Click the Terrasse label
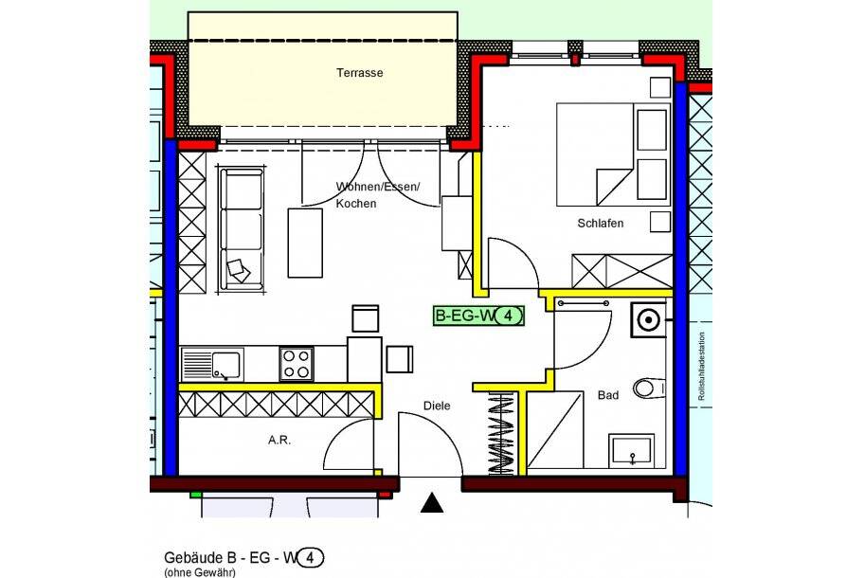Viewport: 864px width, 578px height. tap(359, 73)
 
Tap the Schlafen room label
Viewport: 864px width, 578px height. tap(600, 224)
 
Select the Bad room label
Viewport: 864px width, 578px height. tap(607, 395)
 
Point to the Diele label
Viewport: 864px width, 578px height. tap(437, 406)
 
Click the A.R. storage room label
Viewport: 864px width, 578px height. tap(279, 440)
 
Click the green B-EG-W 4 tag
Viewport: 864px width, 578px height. tap(478, 316)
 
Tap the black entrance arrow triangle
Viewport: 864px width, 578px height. tap(432, 503)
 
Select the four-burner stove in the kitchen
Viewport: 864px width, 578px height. tap(296, 364)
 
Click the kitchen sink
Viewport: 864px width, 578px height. tap(213, 364)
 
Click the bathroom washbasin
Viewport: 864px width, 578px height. tap(632, 451)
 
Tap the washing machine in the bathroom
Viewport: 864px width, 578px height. tap(649, 320)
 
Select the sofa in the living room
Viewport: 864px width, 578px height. tap(241, 228)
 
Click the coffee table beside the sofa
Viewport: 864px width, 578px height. tap(305, 243)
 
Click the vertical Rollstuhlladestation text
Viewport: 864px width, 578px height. tap(701, 369)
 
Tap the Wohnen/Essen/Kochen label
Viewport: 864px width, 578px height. tap(376, 194)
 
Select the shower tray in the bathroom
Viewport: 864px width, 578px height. tap(558, 435)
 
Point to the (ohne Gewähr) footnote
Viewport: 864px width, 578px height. tap(199, 572)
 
